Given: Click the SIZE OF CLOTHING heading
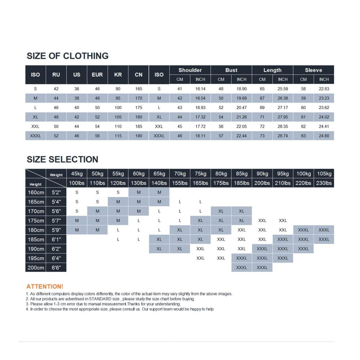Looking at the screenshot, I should point(67,56).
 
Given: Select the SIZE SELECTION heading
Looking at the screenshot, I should point(62,159).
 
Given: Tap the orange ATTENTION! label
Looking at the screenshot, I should point(45,287).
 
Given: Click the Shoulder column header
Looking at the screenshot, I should point(190,70).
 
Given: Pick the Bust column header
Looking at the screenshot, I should point(231,70).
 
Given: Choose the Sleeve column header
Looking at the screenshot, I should point(314,70).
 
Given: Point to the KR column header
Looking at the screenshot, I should point(118,75).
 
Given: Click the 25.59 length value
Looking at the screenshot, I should point(283,89).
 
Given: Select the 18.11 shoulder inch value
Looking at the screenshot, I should point(201,136).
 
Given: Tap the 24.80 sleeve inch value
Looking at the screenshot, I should point(324,136).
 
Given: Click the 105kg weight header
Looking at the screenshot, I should point(324,174).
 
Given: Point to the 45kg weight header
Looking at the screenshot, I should point(77,174).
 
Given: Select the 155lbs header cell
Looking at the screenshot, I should point(180,183).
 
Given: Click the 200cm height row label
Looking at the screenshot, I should point(36,267).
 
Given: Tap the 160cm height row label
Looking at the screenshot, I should point(36,192).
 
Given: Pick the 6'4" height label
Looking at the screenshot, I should point(57,258).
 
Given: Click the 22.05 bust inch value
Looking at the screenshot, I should point(242,127).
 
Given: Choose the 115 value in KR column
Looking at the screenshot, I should point(118,136).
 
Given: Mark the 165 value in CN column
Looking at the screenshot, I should point(139,89).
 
